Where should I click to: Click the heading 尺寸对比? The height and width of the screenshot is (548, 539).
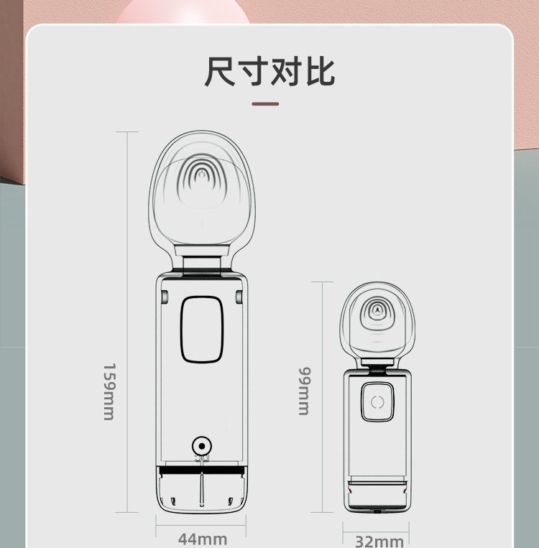269,72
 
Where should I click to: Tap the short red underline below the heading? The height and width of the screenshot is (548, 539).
265,104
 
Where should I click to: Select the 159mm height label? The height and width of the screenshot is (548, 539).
109,391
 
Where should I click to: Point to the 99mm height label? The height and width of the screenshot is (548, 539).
304,391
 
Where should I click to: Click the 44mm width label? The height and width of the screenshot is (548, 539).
202,539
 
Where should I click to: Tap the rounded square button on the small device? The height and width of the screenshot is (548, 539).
378,402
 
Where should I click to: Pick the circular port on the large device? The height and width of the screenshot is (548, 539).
202,445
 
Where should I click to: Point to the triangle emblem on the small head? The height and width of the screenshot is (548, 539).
377,310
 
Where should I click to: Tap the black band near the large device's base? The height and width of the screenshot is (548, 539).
202,470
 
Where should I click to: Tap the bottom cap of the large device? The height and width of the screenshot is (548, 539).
202,494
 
